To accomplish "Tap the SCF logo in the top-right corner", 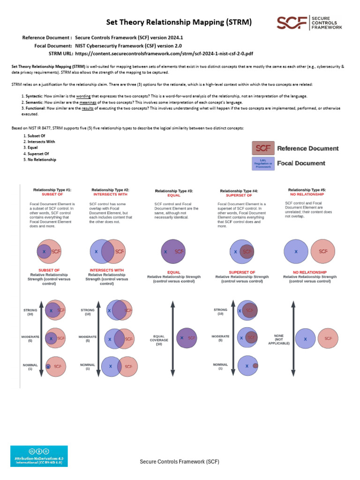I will point(309,22).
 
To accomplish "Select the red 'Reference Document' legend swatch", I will point(263,148).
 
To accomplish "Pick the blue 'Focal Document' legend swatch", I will point(263,163).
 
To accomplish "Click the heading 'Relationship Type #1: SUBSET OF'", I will point(52,192).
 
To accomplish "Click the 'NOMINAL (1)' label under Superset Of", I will point(220,366).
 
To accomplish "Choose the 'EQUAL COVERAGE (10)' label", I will point(159,340).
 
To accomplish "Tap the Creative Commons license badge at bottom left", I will point(39,456).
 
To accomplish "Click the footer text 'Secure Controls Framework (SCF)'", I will point(180,462).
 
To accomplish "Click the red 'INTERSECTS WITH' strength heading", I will point(106,270).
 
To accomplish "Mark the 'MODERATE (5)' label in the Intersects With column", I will point(88,338).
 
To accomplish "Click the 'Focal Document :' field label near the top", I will point(53,45).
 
